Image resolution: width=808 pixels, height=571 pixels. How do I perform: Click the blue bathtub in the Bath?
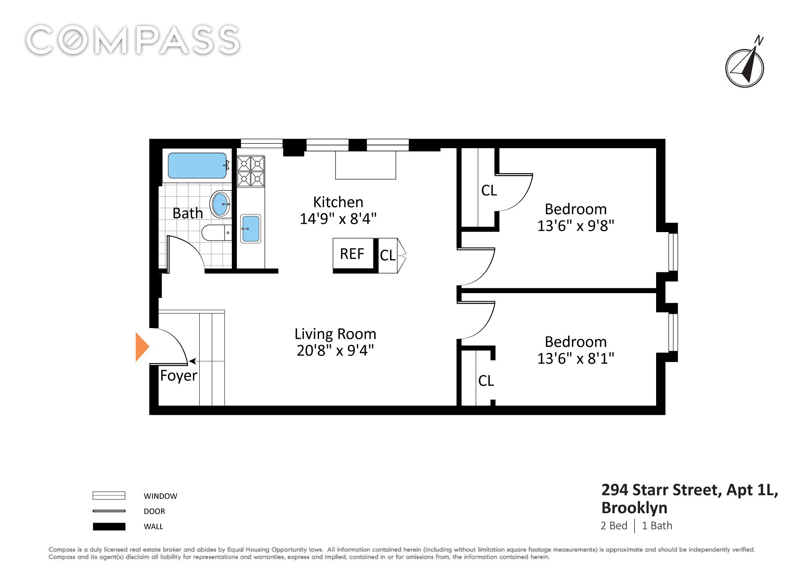pyautogui.click(x=197, y=165)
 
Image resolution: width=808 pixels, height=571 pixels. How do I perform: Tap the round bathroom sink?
pyautogui.click(x=221, y=204)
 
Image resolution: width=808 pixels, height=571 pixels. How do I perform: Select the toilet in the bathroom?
pyautogui.click(x=217, y=233)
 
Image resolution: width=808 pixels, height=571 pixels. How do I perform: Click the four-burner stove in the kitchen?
pyautogui.click(x=251, y=171)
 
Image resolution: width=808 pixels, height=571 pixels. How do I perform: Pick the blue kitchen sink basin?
pyautogui.click(x=250, y=228)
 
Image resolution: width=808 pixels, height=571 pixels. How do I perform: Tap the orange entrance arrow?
pyautogui.click(x=142, y=347)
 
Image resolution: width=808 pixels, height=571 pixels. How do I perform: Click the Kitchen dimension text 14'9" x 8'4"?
pyautogui.click(x=338, y=219)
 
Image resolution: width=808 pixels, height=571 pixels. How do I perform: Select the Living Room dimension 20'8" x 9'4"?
pyautogui.click(x=335, y=351)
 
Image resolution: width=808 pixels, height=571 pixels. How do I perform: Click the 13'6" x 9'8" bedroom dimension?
pyautogui.click(x=576, y=226)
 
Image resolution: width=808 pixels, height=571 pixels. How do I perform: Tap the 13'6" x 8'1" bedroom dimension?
pyautogui.click(x=576, y=358)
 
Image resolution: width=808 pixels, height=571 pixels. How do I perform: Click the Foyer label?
pyautogui.click(x=178, y=376)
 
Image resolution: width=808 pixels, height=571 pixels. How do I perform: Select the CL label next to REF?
pyautogui.click(x=388, y=255)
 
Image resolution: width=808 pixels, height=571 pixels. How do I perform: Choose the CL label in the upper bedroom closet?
pyautogui.click(x=489, y=190)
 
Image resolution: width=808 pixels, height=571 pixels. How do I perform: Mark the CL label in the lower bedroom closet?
pyautogui.click(x=486, y=381)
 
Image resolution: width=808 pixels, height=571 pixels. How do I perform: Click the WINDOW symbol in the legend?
pyautogui.click(x=109, y=496)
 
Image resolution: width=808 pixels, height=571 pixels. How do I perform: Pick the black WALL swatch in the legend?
pyautogui.click(x=109, y=526)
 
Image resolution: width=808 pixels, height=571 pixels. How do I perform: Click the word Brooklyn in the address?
pyautogui.click(x=634, y=508)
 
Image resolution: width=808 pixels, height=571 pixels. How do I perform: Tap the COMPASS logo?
pyautogui.click(x=133, y=40)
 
